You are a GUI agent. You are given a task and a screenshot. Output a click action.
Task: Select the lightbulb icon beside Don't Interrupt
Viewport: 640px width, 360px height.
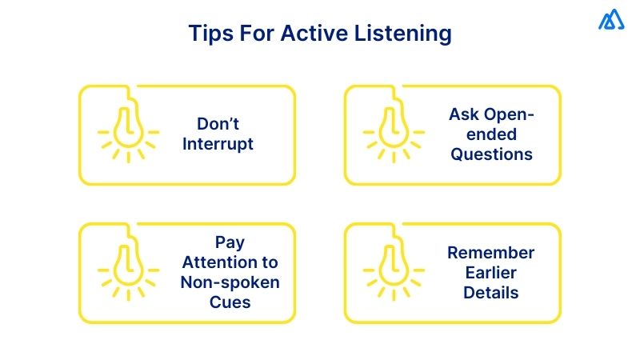pos(127,128)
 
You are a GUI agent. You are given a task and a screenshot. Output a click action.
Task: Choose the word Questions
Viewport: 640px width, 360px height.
pos(491,154)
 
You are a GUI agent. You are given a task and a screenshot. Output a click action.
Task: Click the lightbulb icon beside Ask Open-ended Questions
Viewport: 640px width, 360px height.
pos(393,128)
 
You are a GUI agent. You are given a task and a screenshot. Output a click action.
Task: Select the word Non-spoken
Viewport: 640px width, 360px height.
pos(230,282)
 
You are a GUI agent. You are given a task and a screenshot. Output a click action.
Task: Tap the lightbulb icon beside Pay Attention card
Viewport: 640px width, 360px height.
pos(127,264)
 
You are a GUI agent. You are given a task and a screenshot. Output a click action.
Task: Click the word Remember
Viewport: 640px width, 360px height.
pos(490,253)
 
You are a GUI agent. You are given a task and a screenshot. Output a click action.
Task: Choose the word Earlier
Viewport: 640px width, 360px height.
pos(491,273)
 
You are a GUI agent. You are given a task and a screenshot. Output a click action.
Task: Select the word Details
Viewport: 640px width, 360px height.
pos(491,293)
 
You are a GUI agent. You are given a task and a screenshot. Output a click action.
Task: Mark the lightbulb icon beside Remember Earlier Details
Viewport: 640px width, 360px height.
pos(393,264)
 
